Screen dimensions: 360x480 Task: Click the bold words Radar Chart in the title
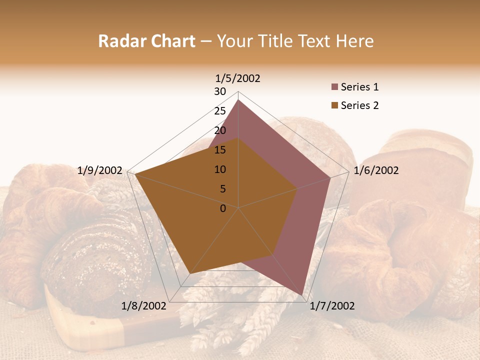point(146,41)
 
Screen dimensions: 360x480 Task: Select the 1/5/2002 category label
point(238,78)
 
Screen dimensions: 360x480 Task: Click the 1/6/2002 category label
point(376,170)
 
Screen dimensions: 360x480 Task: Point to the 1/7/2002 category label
point(332,306)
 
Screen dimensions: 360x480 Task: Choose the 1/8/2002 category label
point(143,306)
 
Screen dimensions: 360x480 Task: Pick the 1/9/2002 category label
point(99,170)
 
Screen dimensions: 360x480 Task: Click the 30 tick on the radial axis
point(220,91)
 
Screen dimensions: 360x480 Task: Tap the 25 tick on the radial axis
point(220,111)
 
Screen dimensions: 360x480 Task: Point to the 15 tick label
point(220,150)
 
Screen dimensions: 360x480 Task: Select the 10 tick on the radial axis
point(220,169)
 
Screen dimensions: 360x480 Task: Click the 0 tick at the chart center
point(223,208)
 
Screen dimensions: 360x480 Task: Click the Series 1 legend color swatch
point(334,87)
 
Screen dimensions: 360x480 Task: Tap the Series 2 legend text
point(359,105)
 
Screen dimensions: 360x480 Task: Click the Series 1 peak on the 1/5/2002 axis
point(238,100)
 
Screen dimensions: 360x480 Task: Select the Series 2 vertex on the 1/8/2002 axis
point(190,274)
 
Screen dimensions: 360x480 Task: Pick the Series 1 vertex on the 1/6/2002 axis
point(330,177)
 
